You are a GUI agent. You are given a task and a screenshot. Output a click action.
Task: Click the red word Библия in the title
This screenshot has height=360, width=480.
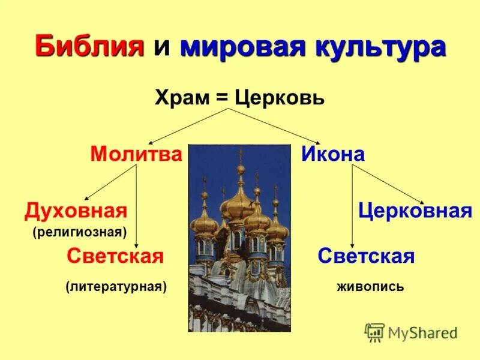(x=91, y=47)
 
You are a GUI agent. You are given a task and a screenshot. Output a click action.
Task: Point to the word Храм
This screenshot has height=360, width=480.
(x=181, y=97)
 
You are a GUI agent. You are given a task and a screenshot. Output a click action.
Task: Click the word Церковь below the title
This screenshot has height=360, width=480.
(x=280, y=97)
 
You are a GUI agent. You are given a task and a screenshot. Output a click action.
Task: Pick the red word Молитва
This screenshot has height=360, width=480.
(x=136, y=154)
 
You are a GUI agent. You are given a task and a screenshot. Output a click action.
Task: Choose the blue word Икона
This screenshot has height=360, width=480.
(x=332, y=154)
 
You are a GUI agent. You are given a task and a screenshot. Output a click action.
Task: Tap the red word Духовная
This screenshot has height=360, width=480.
(x=76, y=211)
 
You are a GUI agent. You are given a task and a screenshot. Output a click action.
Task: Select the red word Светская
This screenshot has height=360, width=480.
(x=115, y=256)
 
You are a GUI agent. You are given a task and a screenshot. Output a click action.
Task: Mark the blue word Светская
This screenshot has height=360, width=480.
(x=366, y=256)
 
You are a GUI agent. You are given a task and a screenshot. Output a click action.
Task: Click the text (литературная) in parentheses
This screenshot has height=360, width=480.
(x=116, y=287)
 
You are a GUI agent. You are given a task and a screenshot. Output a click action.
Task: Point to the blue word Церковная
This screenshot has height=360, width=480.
(x=415, y=211)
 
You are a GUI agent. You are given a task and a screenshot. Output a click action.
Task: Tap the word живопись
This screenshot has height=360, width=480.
(x=370, y=287)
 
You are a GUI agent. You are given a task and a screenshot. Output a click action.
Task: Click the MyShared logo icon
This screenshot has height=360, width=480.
(x=374, y=332)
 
